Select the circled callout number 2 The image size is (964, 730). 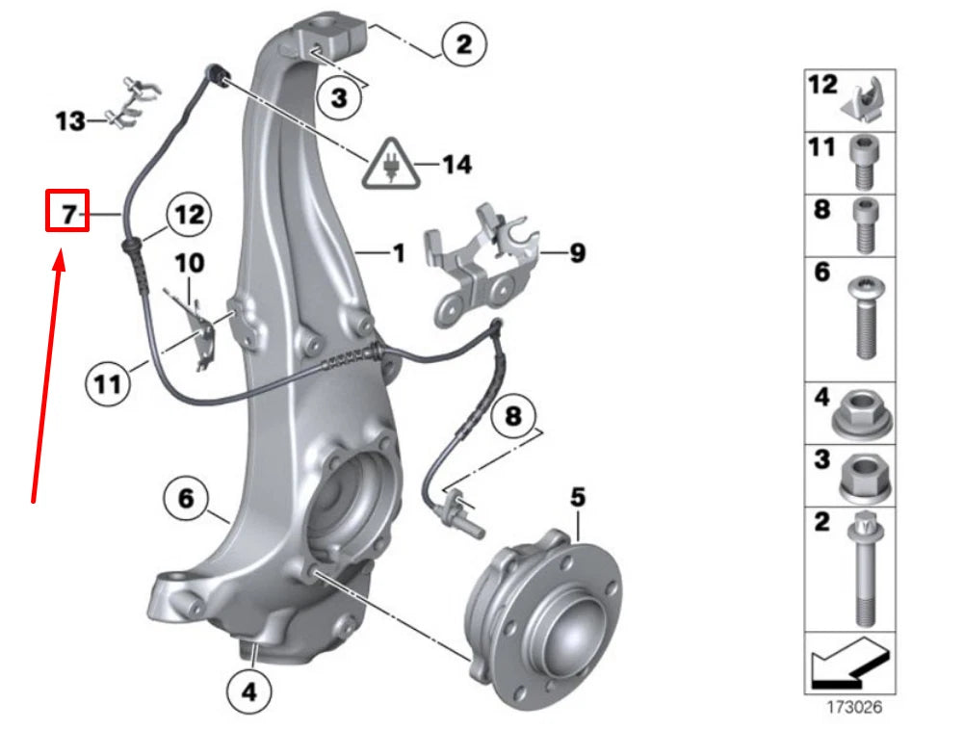464,43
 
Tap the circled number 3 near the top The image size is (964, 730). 340,97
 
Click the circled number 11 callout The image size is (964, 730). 108,384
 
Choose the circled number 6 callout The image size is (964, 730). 186,499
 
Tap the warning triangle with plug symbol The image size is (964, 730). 391,166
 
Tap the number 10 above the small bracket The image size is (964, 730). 190,261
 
